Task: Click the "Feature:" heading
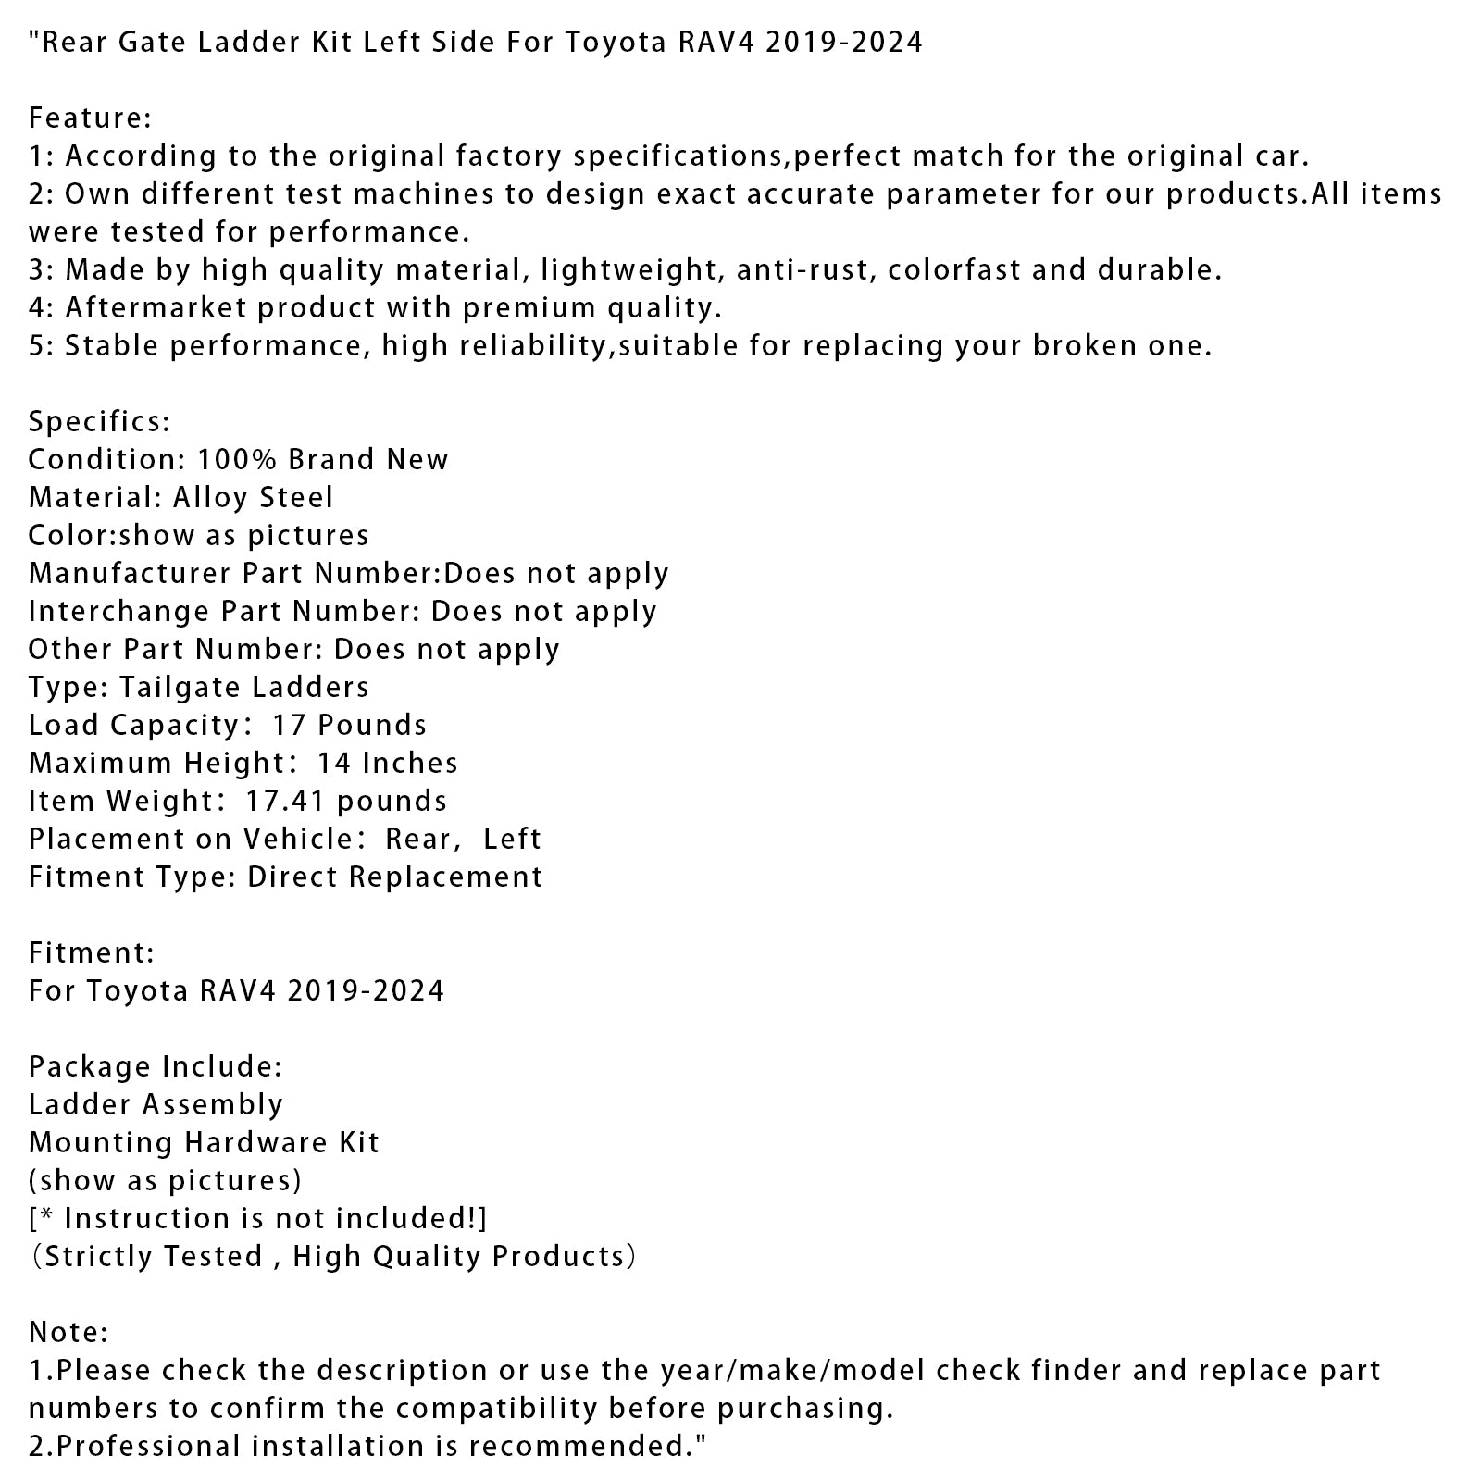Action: click(90, 118)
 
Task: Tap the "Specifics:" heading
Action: click(99, 422)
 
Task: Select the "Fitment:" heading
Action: click(92, 953)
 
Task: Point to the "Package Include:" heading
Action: click(156, 1067)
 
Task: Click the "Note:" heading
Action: click(68, 1333)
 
